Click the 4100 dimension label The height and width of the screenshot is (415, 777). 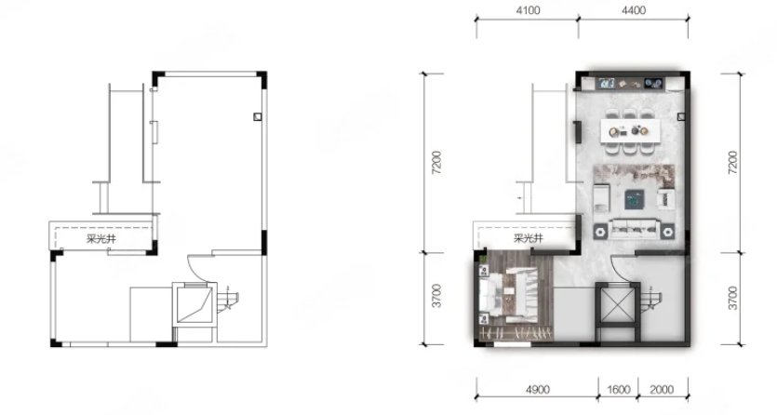tap(528, 10)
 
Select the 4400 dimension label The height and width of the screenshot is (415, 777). tap(634, 10)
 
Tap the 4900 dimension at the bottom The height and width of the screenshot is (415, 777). tap(537, 389)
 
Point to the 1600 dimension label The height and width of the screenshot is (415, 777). tap(618, 389)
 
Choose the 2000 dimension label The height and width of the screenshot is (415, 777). tap(662, 389)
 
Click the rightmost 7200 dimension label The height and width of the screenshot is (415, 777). tap(732, 162)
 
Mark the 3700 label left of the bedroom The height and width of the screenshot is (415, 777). tap(436, 296)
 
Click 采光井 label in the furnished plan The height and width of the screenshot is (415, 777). tap(529, 239)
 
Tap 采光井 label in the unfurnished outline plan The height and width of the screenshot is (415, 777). tap(101, 239)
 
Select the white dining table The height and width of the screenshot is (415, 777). tap(630, 131)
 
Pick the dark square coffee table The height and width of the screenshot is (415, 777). tap(635, 199)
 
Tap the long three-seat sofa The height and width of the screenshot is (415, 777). tap(635, 230)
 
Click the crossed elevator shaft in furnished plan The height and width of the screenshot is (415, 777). tap(618, 303)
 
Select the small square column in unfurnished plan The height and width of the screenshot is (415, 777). tap(257, 117)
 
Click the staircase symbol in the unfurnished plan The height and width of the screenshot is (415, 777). tap(228, 299)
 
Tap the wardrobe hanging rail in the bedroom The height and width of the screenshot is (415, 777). tap(516, 333)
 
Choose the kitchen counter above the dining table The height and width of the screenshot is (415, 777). tap(630, 83)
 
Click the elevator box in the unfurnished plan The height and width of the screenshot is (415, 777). tap(194, 303)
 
